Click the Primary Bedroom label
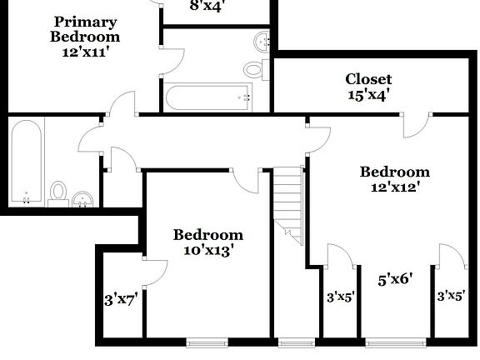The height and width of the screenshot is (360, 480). point(84,29)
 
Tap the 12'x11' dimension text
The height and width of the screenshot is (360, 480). point(84,51)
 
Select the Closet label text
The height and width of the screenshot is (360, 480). point(368,79)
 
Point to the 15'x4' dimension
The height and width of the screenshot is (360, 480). point(368,94)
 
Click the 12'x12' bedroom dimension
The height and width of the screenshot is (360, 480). point(395,187)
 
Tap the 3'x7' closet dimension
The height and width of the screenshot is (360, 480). point(120,298)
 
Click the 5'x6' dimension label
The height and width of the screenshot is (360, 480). point(396,280)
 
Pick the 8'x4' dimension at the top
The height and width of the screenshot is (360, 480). point(207,6)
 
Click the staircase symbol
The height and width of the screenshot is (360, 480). point(289,200)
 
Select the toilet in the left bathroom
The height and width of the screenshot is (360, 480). point(58,193)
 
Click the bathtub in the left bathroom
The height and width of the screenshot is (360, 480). point(27,162)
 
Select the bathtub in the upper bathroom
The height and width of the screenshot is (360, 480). point(208,97)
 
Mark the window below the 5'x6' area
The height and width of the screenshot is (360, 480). point(395,342)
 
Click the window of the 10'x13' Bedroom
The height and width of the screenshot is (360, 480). point(206,342)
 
